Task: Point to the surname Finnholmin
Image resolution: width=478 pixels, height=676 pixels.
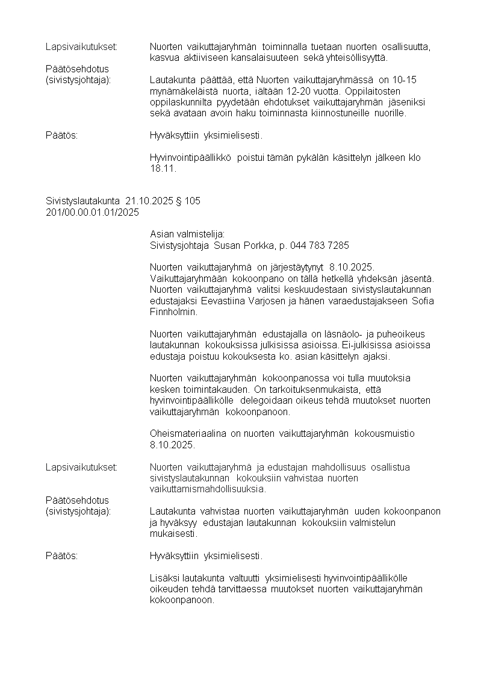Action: pyautogui.click(x=171, y=312)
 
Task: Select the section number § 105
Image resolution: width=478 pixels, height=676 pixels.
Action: pyautogui.click(x=188, y=201)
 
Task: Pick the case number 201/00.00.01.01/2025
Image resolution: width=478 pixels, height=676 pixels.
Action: pyautogui.click(x=92, y=212)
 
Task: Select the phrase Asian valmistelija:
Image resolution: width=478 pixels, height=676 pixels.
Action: pyautogui.click(x=187, y=234)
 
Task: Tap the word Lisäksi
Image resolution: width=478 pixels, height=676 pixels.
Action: pyautogui.click(x=164, y=578)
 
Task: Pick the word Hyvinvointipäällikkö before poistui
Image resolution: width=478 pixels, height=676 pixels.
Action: pyautogui.click(x=191, y=158)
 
